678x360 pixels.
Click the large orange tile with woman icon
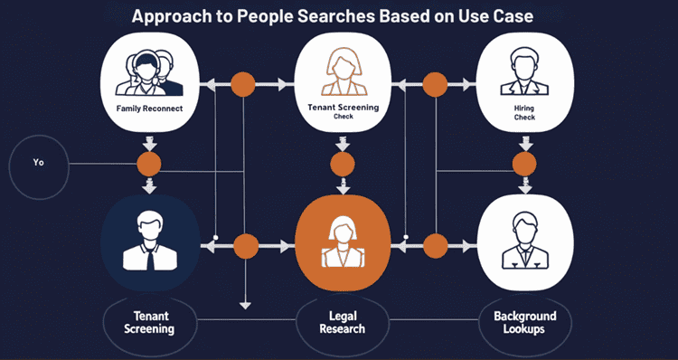pyautogui.click(x=343, y=242)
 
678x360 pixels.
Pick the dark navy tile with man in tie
pyautogui.click(x=149, y=242)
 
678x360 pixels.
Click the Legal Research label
pyautogui.click(x=343, y=323)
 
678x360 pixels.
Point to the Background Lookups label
pyautogui.click(x=524, y=323)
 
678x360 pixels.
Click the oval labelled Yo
pyautogui.click(x=39, y=165)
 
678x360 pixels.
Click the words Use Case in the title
pyautogui.click(x=506, y=15)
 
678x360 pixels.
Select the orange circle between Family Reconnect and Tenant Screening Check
pyautogui.click(x=242, y=85)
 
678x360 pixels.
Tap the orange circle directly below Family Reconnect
pyautogui.click(x=149, y=165)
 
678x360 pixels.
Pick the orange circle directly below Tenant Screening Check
pyautogui.click(x=343, y=164)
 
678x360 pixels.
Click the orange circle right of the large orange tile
pyautogui.click(x=436, y=245)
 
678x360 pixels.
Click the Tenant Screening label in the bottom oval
pyautogui.click(x=149, y=323)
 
